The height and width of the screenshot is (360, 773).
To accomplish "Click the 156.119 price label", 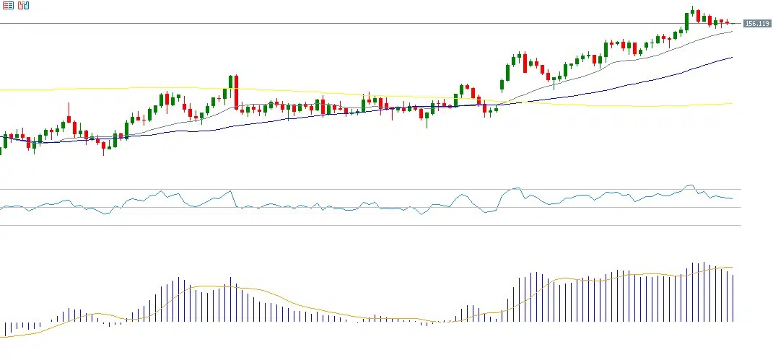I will (x=757, y=24).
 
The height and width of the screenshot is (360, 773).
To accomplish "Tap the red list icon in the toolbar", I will (x=9, y=5).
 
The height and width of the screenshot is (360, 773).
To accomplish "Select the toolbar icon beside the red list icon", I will (x=24, y=5).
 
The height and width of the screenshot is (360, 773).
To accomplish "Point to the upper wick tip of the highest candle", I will (x=692, y=6).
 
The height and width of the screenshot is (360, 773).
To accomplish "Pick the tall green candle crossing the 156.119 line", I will (x=686, y=22).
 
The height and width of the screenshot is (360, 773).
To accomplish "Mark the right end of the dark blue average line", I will (x=732, y=57).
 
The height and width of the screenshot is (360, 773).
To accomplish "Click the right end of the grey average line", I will (x=732, y=31).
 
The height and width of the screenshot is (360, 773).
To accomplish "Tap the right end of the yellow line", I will (x=732, y=103).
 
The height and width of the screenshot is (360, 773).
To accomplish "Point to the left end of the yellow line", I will (x=1, y=90).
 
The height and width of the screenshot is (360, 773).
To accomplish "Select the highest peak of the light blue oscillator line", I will (x=691, y=185).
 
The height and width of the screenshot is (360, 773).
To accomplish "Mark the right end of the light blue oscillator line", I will (x=732, y=198).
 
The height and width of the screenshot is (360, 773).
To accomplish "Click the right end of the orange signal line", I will (x=733, y=267).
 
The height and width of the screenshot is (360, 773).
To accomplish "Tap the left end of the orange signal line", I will (x=2, y=337).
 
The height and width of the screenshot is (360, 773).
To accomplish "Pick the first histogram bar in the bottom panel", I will (x=5, y=329).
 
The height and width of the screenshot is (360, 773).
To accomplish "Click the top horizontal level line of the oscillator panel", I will (x=361, y=190).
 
